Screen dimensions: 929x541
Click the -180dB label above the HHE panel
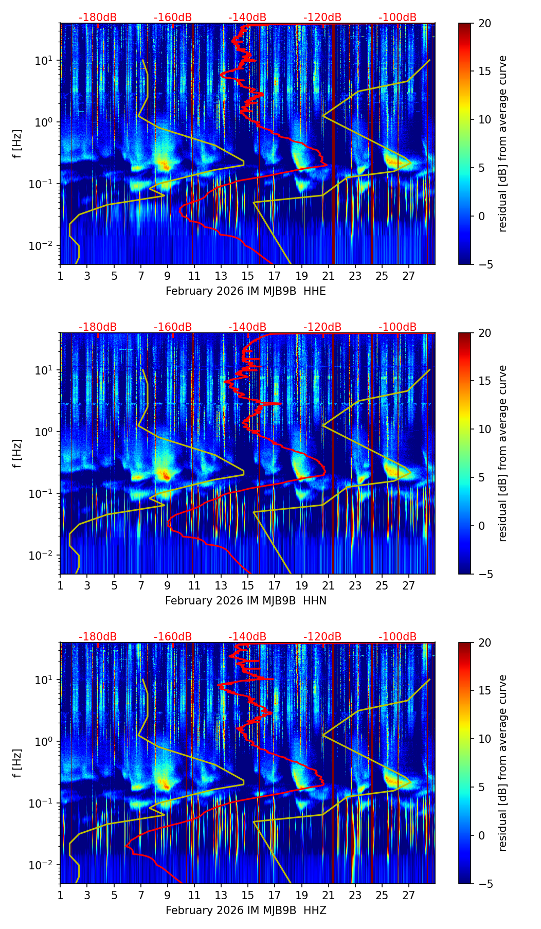point(98,18)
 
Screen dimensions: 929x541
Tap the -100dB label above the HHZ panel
point(398,637)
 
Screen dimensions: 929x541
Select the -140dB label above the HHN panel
point(247,328)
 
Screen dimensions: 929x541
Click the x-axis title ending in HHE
point(245,291)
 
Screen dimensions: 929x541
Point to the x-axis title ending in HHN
point(245,601)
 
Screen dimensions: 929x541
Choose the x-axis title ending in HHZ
point(245,910)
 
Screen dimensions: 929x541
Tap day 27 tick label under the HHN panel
point(408,585)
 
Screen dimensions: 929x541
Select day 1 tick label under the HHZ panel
point(60,895)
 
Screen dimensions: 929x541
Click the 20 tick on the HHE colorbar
point(485,24)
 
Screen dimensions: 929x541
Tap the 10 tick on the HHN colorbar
point(485,429)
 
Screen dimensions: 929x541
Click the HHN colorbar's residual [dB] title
point(503,453)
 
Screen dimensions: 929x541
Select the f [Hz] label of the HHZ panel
point(17,763)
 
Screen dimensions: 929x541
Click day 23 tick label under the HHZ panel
point(355,895)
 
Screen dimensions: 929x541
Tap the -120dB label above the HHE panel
point(322,18)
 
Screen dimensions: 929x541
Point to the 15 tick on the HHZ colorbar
point(485,691)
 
